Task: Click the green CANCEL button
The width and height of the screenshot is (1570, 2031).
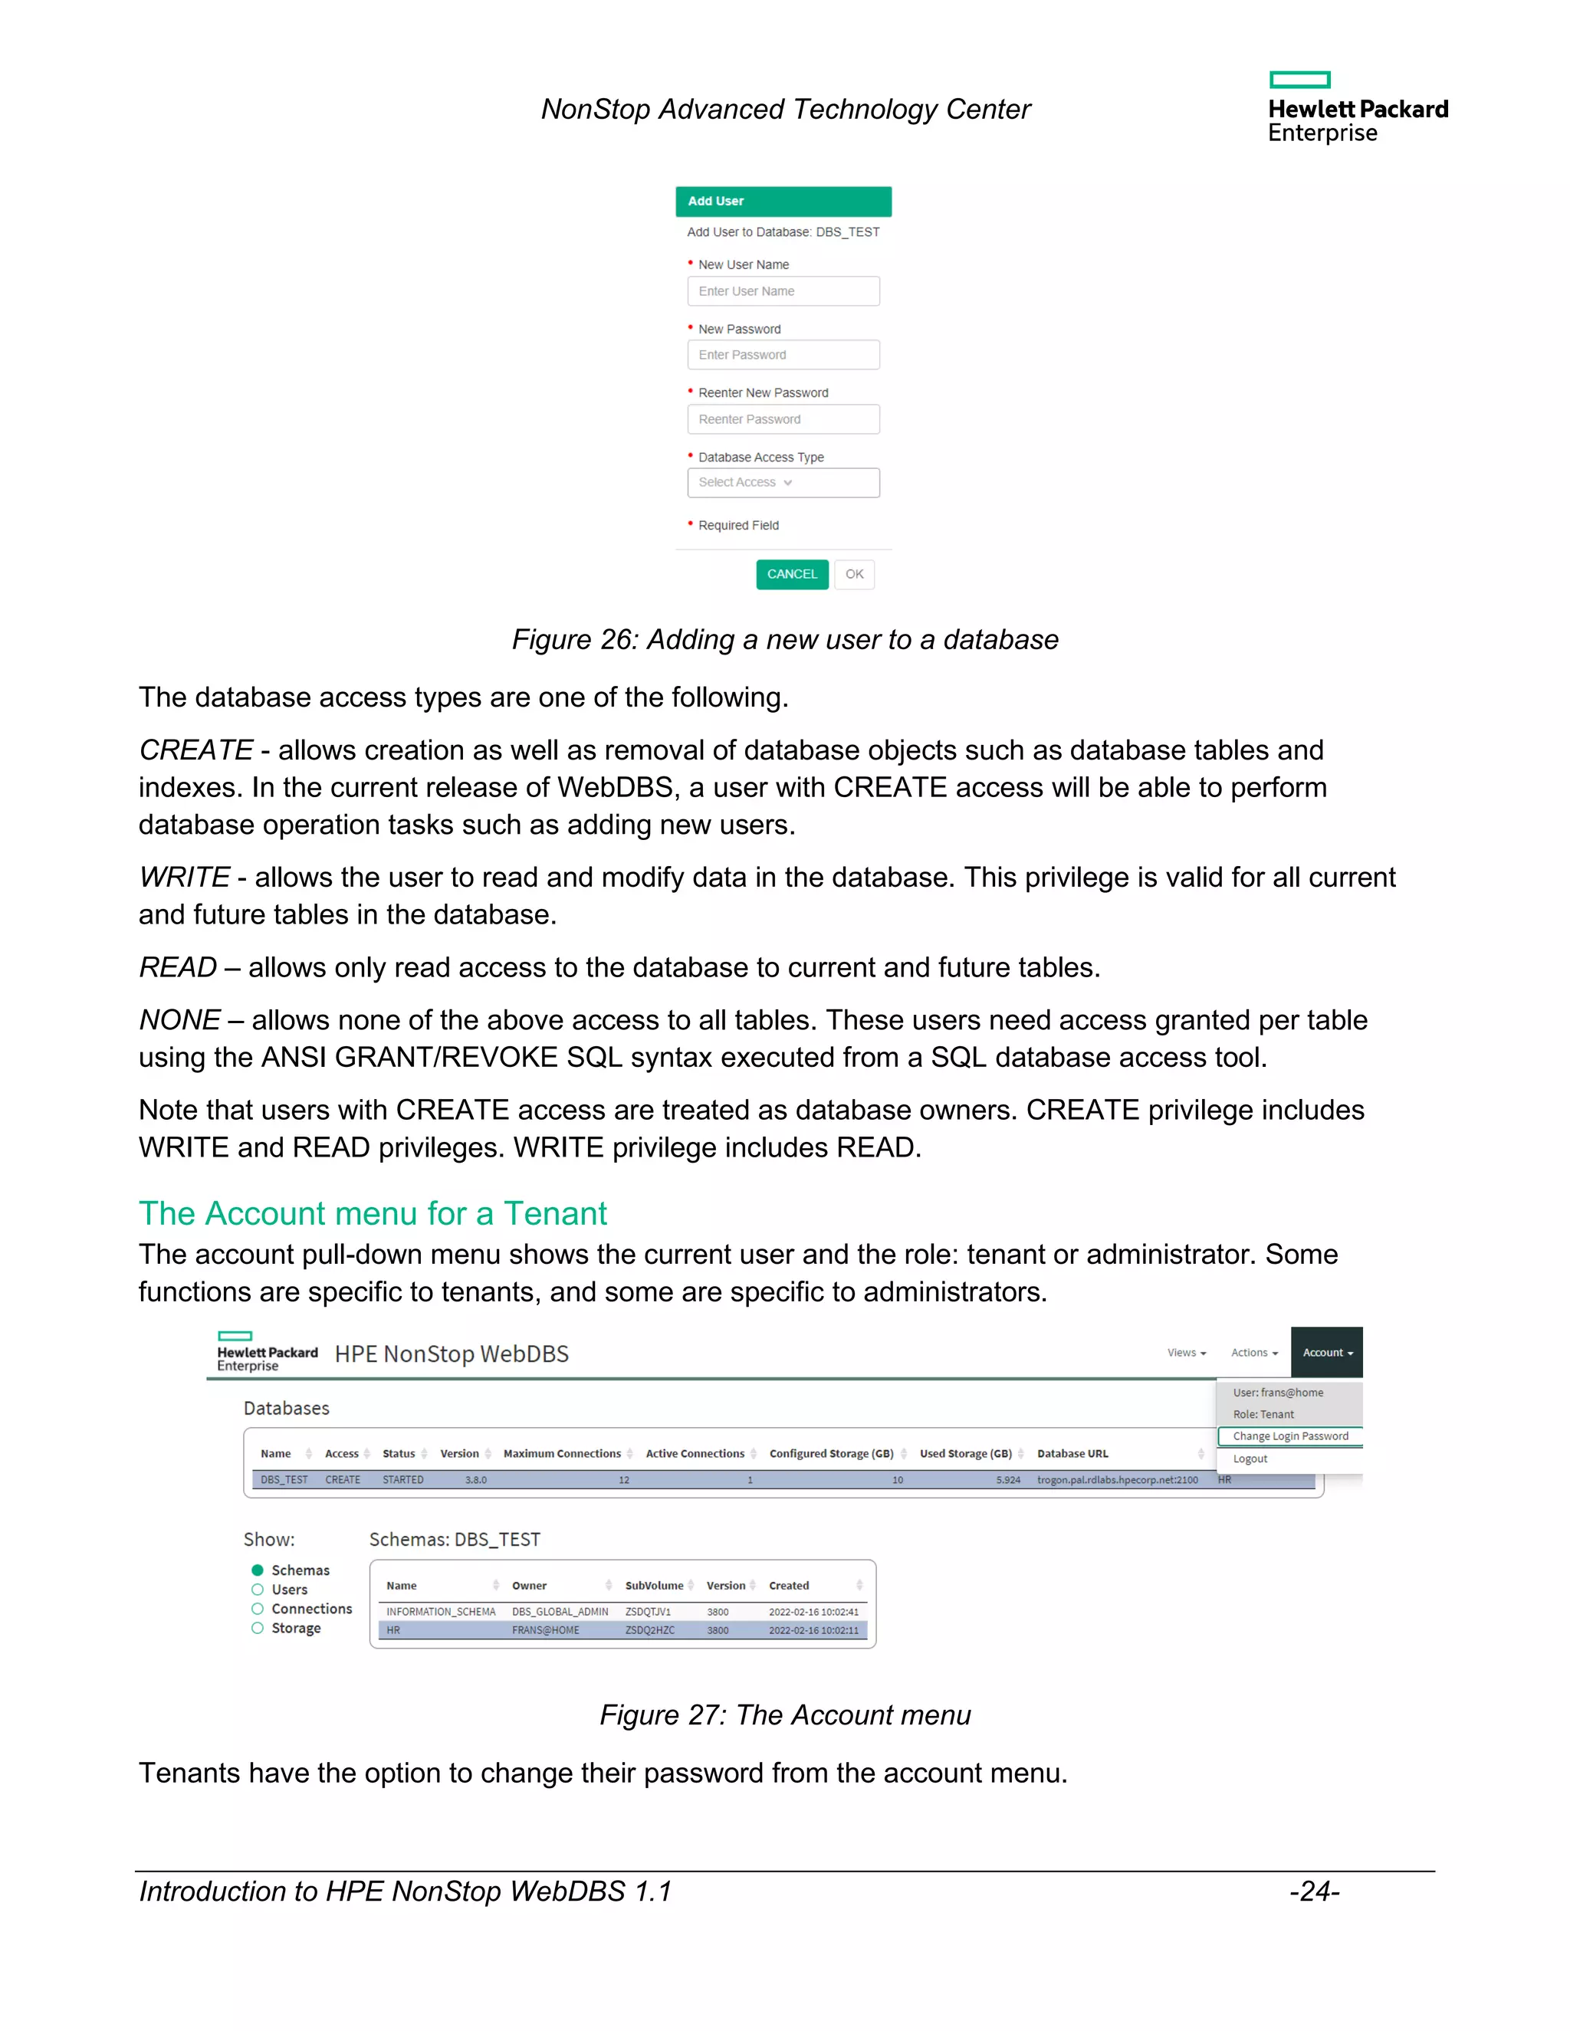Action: (791, 574)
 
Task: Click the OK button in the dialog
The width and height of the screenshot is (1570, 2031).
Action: (854, 574)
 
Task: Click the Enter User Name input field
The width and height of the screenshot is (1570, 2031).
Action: (783, 291)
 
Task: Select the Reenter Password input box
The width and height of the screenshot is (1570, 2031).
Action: (783, 419)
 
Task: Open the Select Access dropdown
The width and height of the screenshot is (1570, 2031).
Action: (783, 483)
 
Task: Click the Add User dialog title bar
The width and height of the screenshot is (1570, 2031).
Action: (783, 201)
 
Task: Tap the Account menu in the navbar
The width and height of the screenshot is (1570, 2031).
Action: (1326, 1352)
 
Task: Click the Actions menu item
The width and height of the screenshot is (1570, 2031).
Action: (1253, 1352)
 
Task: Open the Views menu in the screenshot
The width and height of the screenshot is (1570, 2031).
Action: (1186, 1352)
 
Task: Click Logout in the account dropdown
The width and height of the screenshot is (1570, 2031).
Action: (1250, 1458)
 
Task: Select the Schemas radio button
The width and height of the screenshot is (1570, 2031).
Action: (258, 1570)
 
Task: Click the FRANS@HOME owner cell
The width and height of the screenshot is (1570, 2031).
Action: (545, 1630)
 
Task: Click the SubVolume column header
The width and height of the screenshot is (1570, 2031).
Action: (654, 1586)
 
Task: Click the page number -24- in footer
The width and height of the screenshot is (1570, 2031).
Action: (1313, 1892)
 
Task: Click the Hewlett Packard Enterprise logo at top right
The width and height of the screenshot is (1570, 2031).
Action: (1357, 108)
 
